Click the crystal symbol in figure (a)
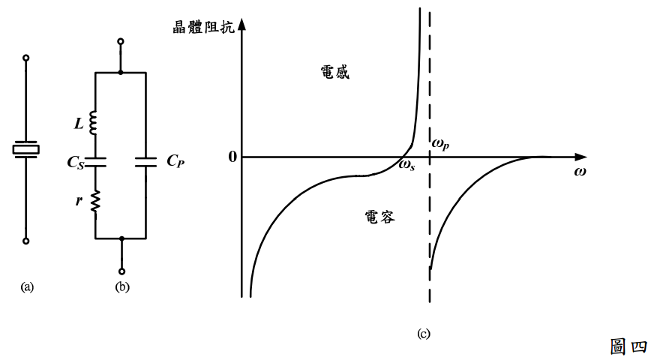(x=26, y=149)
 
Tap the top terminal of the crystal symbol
(x=26, y=57)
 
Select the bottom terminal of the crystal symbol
(x=26, y=241)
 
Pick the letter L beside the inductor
(x=79, y=121)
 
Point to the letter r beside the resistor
(x=80, y=200)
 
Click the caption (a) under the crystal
(x=28, y=286)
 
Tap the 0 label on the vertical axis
(x=232, y=157)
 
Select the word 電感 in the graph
(x=334, y=73)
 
